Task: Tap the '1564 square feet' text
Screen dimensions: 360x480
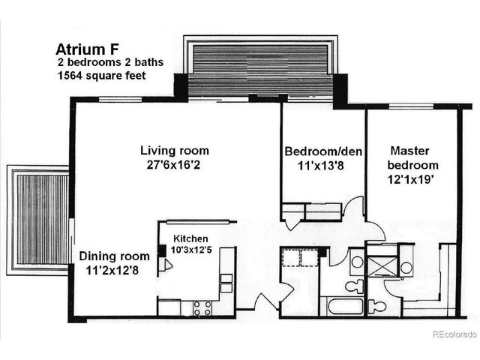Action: pyautogui.click(x=99, y=76)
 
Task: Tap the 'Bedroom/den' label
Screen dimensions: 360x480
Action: pyautogui.click(x=323, y=151)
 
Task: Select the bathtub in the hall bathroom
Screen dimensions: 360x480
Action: pyautogui.click(x=341, y=306)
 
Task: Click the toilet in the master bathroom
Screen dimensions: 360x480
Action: pyautogui.click(x=376, y=306)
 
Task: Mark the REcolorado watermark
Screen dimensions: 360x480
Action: pyautogui.click(x=453, y=334)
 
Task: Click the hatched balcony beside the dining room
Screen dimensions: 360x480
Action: pyautogui.click(x=40, y=219)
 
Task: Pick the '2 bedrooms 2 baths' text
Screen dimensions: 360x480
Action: pyautogui.click(x=104, y=63)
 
